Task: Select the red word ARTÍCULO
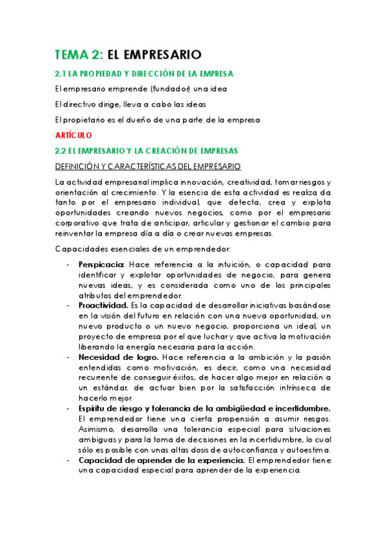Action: [x=73, y=135]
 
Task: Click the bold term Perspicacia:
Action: [x=102, y=264]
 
